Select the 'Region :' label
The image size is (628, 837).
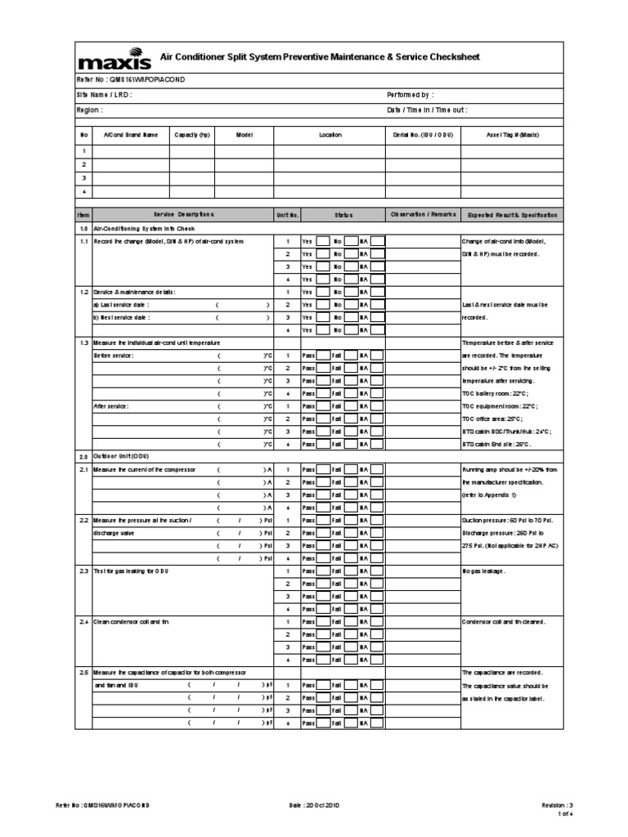[x=90, y=109]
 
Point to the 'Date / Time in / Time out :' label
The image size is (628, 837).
[x=427, y=109]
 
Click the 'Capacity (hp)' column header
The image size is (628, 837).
[x=192, y=135]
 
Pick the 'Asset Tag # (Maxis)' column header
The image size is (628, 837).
[x=513, y=135]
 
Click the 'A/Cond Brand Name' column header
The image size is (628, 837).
[x=131, y=135]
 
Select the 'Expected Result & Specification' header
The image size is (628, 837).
[x=513, y=215]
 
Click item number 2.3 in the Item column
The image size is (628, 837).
[x=83, y=570]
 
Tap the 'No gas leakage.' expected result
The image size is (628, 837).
[x=484, y=570]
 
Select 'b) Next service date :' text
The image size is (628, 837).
[x=122, y=316]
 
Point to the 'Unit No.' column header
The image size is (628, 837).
[x=287, y=215]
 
